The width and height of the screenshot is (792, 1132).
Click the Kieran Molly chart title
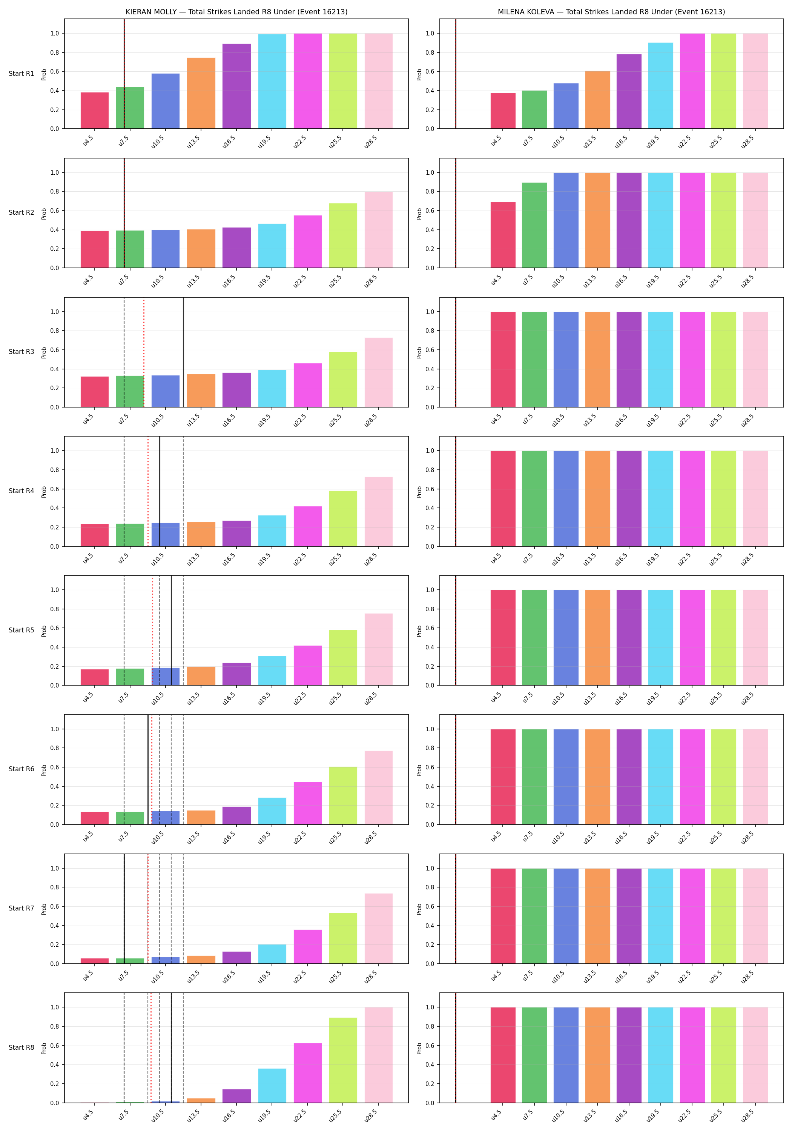tap(236, 12)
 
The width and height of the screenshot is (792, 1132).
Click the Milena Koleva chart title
tap(611, 12)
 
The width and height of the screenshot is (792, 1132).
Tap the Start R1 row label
tap(21, 74)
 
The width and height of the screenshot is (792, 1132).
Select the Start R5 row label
tap(21, 630)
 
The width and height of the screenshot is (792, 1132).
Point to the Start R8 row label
tap(21, 1047)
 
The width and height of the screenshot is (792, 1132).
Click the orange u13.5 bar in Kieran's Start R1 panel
tap(201, 93)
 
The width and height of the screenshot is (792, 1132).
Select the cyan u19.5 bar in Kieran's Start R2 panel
tap(272, 246)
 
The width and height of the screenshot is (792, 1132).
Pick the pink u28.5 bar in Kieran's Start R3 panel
tap(379, 372)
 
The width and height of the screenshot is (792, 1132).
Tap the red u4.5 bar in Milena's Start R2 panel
tap(503, 235)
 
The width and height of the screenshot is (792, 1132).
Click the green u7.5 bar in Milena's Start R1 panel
tap(534, 109)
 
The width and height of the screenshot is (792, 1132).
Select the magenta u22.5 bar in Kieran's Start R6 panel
tap(307, 803)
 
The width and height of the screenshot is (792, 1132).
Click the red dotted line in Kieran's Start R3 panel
tap(144, 352)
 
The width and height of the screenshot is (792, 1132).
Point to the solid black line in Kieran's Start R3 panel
tap(183, 352)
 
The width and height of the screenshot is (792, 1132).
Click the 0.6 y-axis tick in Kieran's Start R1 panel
tap(54, 71)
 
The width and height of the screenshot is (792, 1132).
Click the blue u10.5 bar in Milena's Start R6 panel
tap(566, 777)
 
